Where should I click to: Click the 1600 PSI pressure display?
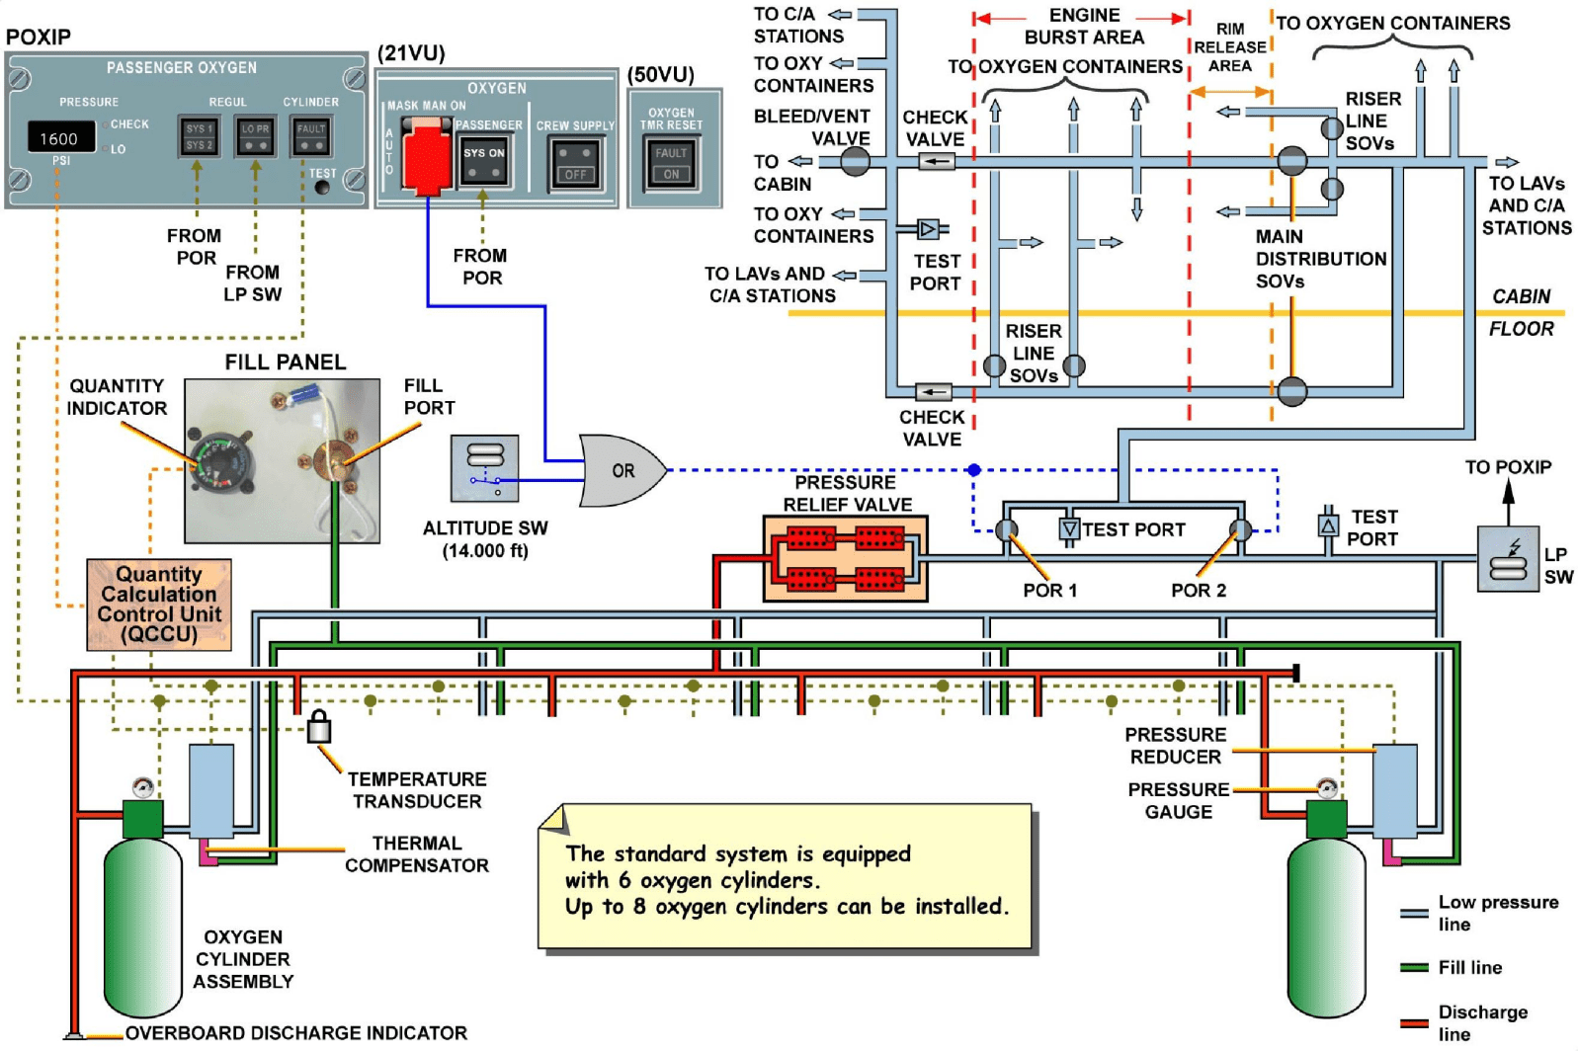[59, 138]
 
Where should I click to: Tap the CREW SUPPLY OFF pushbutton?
[575, 163]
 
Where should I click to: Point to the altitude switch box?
[484, 468]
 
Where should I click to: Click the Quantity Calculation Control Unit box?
[159, 605]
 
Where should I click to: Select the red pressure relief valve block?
[845, 558]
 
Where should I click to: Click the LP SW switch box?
[1508, 559]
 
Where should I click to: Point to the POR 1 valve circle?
[1006, 530]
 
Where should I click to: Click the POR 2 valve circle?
[1240, 530]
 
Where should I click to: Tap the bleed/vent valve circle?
[855, 161]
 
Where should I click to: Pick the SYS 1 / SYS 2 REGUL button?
[199, 136]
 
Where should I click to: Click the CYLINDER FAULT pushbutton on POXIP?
[311, 136]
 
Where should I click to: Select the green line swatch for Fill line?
[1414, 967]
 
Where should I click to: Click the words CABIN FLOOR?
[1521, 312]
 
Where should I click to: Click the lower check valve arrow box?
[933, 392]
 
